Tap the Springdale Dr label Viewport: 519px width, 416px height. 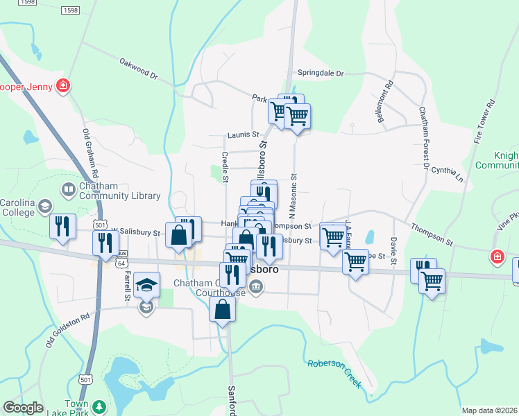[x=321, y=73]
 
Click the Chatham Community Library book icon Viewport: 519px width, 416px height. [x=69, y=189]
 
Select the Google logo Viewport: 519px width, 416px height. [x=23, y=408]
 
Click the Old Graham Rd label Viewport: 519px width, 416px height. [x=90, y=156]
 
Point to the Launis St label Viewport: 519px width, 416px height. [x=242, y=135]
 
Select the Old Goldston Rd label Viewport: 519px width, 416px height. [x=67, y=329]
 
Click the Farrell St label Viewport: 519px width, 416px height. [x=128, y=286]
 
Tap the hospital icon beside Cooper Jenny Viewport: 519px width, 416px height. [x=63, y=86]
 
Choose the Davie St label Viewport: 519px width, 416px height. [x=393, y=250]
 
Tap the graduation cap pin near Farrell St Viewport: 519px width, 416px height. [x=147, y=285]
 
